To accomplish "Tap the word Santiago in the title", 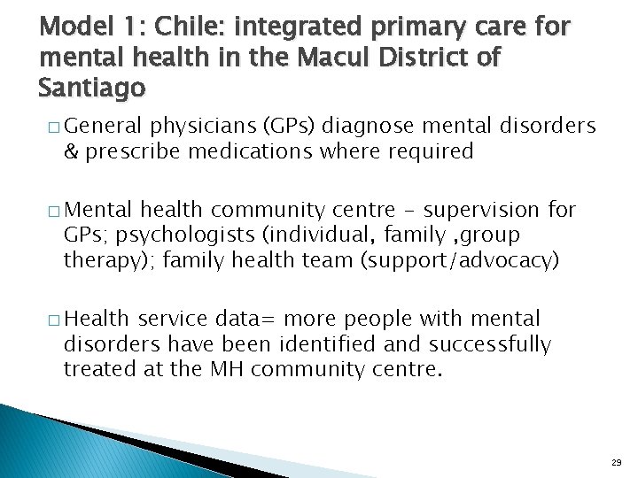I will click(x=91, y=88).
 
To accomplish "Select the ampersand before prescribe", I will click(x=70, y=150).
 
